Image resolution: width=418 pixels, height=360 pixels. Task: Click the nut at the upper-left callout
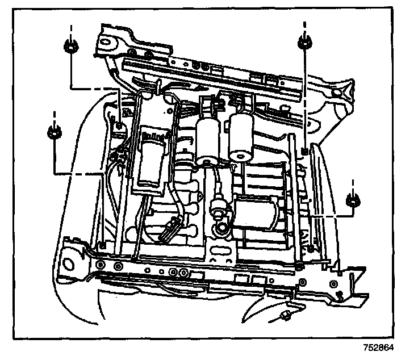point(71,47)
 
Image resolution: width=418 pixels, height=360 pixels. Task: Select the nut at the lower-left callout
point(55,133)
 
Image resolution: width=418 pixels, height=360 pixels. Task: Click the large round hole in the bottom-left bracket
point(70,263)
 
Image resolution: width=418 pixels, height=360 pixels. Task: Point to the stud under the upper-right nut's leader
point(305,150)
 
